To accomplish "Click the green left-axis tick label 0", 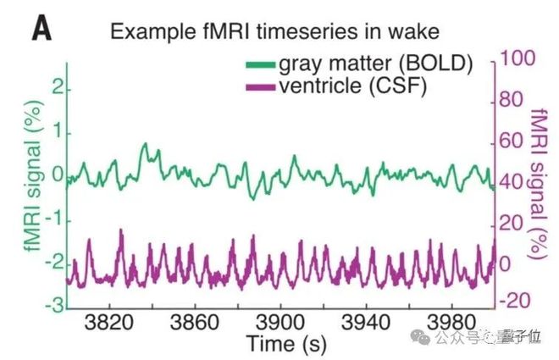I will [x=58, y=176].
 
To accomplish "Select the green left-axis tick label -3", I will [x=54, y=306].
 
